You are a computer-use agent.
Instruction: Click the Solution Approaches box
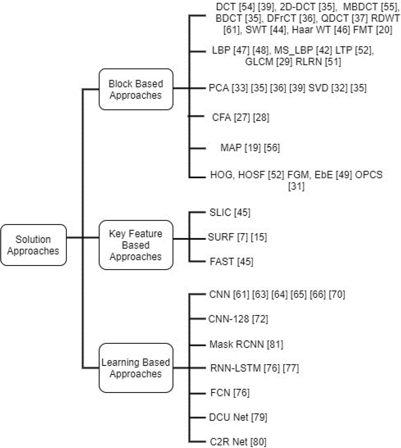[33, 245]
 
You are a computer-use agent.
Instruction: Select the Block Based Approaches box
[136, 89]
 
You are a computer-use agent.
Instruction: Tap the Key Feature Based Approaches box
[136, 245]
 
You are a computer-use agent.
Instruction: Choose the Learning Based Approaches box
[136, 368]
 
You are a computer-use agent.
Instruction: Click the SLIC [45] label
[230, 212]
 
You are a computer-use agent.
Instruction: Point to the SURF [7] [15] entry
[237, 237]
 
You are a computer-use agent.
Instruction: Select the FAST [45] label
[231, 262]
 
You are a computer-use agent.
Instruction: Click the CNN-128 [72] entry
[238, 319]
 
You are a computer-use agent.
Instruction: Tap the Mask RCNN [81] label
[246, 344]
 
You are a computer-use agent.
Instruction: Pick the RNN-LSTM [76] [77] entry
[254, 368]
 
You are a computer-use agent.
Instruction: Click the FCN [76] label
[230, 393]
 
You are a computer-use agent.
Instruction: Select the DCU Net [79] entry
[238, 417]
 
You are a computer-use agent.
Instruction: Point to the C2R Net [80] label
[238, 442]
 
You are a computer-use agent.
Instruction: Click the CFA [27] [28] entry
[240, 117]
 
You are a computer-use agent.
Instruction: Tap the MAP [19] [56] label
[250, 148]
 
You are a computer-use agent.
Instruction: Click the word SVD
[318, 88]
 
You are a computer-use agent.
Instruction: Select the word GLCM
[259, 62]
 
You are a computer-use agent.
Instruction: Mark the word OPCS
[369, 175]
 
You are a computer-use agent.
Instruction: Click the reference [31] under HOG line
[296, 186]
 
